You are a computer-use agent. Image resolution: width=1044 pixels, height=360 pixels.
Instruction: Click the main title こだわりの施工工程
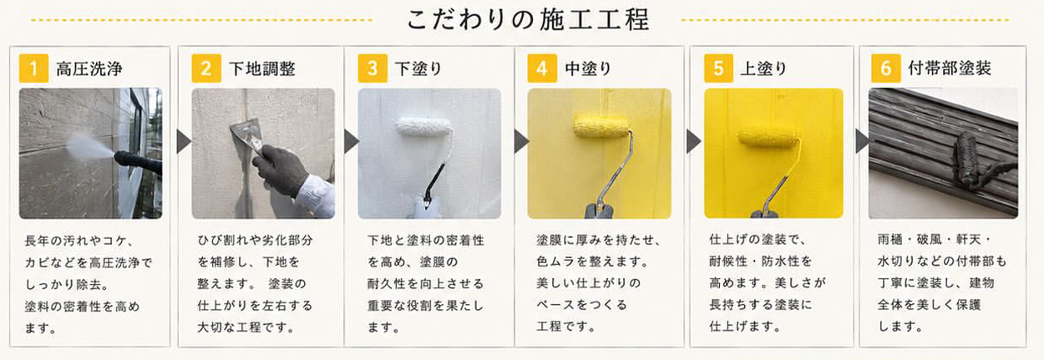[528, 20]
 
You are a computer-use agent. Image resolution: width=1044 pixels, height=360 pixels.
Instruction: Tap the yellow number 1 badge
[33, 68]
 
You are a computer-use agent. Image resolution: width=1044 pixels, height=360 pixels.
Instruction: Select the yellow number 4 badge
[542, 68]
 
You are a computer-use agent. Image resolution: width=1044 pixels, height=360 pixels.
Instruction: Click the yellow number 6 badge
[885, 68]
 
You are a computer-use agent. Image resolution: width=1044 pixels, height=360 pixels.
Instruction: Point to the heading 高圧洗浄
[89, 68]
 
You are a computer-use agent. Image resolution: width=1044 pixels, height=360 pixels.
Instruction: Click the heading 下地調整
[262, 68]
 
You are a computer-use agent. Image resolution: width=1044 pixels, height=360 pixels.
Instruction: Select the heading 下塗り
[418, 68]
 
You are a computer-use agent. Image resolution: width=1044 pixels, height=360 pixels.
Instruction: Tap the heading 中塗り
[588, 68]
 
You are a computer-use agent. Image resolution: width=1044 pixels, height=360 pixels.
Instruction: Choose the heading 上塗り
[763, 68]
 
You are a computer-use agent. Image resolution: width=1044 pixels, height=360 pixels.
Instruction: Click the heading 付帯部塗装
[950, 68]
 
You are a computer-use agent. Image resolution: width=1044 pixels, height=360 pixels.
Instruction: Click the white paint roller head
[423, 127]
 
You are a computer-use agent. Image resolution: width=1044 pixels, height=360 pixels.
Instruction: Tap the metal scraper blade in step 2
[247, 133]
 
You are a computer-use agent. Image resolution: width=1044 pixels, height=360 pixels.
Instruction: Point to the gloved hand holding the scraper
[280, 169]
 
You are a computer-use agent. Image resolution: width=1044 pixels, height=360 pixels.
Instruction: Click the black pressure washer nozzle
[138, 162]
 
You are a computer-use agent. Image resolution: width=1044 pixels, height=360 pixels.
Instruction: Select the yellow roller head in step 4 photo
[601, 126]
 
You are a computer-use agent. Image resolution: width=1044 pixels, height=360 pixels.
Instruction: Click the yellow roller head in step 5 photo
[768, 138]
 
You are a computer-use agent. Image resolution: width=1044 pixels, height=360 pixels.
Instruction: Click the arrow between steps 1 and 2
[184, 141]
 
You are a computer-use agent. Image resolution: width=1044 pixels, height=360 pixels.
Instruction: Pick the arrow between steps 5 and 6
[862, 141]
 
